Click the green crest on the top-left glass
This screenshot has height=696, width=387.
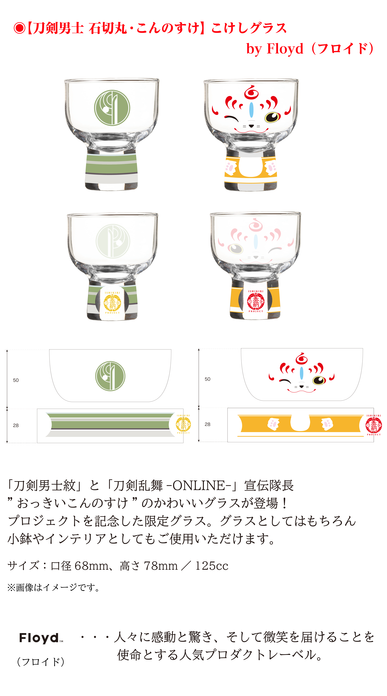[112, 108]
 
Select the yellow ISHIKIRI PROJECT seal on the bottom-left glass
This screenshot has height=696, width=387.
[112, 303]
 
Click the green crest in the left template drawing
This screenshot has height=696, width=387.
[110, 376]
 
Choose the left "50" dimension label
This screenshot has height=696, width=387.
[16, 380]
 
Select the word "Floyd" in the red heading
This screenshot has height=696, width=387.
[285, 49]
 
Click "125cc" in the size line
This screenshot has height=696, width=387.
[212, 565]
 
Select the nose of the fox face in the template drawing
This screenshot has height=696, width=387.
[301, 387]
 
